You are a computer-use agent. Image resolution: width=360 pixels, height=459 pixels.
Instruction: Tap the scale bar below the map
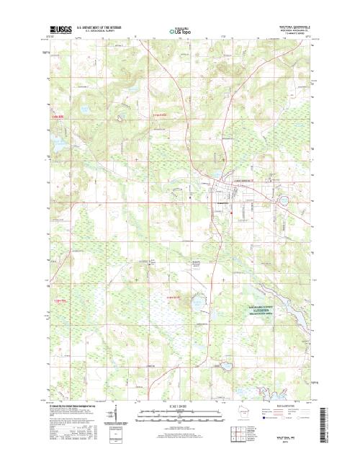coord(177,415)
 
